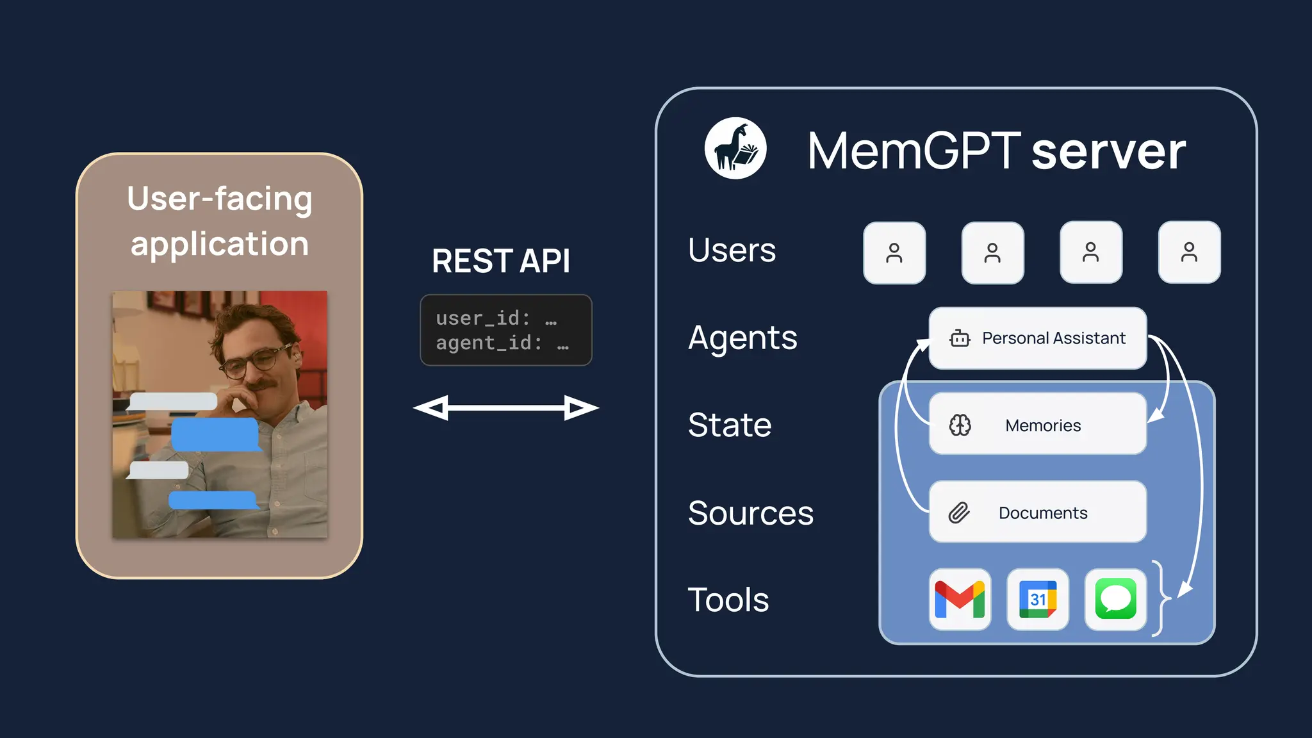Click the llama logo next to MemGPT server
pos(735,148)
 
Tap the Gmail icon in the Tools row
pos(960,600)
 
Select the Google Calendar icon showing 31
pos(1038,600)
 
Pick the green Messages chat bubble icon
pos(1115,600)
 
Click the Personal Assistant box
pos(1037,338)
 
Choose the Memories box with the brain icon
pos(1037,425)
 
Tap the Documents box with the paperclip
pos(1037,512)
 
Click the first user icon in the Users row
pos(894,253)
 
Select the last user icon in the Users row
pos(1189,252)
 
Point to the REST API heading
pos(501,261)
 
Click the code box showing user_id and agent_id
pos(505,331)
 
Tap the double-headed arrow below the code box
pos(505,408)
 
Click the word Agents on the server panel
pos(742,338)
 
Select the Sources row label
pos(750,513)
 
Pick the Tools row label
pos(728,600)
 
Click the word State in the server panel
pos(730,425)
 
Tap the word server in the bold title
pos(1108,152)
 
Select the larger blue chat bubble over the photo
pos(215,434)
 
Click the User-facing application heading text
pos(220,221)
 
